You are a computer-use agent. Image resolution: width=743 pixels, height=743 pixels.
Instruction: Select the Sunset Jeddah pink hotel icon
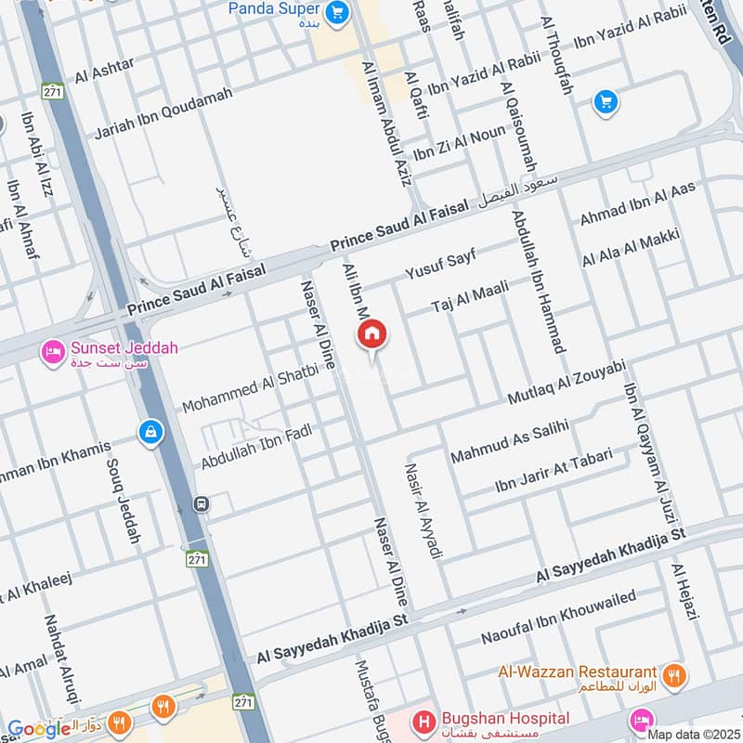52,352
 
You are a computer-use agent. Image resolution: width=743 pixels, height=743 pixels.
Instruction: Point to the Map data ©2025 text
694,734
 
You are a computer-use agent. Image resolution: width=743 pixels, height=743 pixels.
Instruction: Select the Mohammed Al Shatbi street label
250,389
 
